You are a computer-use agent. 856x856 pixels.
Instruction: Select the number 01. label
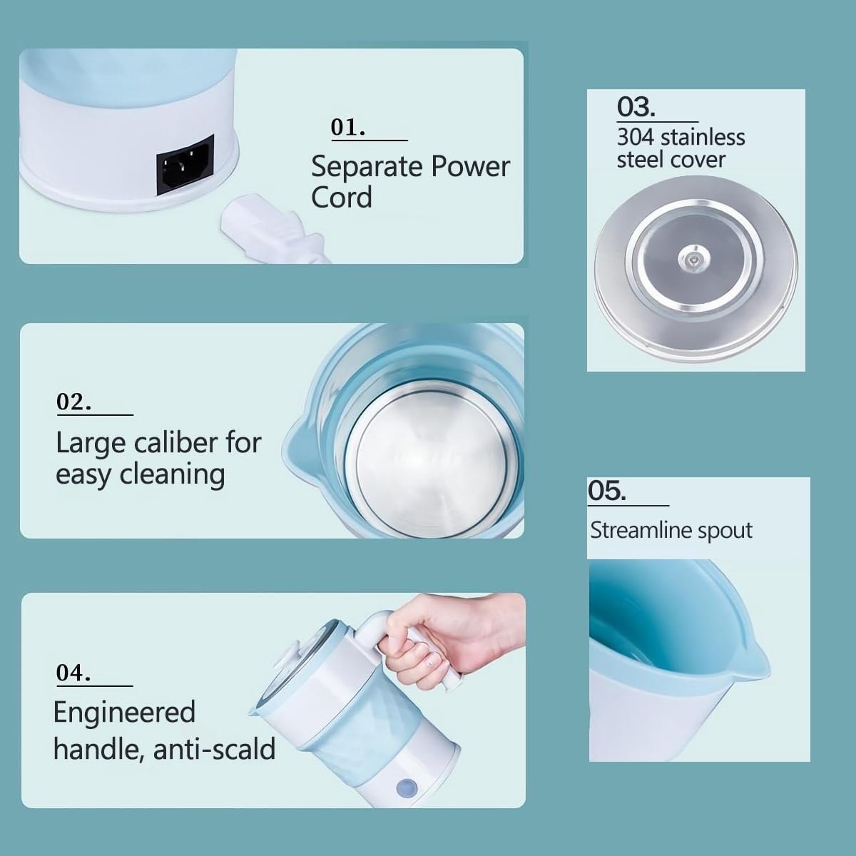click(x=348, y=128)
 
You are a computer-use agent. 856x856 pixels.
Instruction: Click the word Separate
click(x=367, y=168)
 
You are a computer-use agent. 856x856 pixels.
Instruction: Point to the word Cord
click(x=342, y=198)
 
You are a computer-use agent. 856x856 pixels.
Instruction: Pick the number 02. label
click(x=73, y=402)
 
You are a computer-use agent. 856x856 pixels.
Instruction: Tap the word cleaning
click(x=173, y=475)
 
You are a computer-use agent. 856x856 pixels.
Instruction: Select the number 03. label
click(x=636, y=108)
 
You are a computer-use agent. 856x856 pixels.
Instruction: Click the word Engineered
click(x=124, y=713)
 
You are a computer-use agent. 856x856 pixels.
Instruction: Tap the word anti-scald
click(x=215, y=750)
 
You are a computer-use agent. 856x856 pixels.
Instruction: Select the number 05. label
click(x=607, y=491)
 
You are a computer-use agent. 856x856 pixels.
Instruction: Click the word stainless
click(x=703, y=138)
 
